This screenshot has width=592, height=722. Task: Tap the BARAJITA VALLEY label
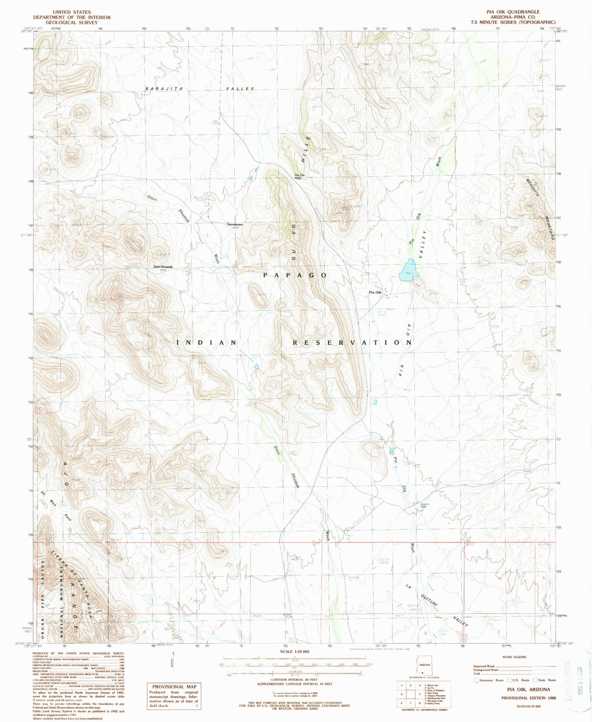[x=200, y=89]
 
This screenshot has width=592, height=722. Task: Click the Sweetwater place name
[x=236, y=224]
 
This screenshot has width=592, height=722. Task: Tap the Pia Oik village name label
[x=375, y=292]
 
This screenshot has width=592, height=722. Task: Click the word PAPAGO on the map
[x=295, y=275]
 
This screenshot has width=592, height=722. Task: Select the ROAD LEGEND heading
[x=514, y=657]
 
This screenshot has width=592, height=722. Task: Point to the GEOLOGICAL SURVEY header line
[x=72, y=23]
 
